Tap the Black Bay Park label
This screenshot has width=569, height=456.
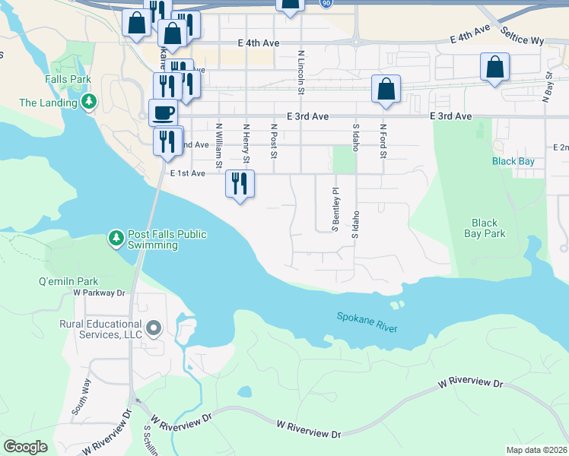(x=485, y=228)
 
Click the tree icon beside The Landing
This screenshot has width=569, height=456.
(x=89, y=102)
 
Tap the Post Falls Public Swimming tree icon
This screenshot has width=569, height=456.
(x=116, y=239)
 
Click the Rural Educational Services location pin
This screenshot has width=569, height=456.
(x=154, y=329)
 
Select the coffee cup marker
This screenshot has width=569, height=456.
(x=164, y=113)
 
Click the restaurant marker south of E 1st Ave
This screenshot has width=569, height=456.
(x=240, y=185)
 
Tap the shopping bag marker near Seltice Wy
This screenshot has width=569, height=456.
(x=495, y=67)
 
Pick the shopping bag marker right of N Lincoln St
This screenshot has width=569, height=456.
(x=386, y=89)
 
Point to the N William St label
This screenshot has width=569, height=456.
(x=219, y=146)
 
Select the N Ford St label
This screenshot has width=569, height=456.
(x=383, y=142)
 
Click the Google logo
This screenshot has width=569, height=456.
(x=25, y=447)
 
